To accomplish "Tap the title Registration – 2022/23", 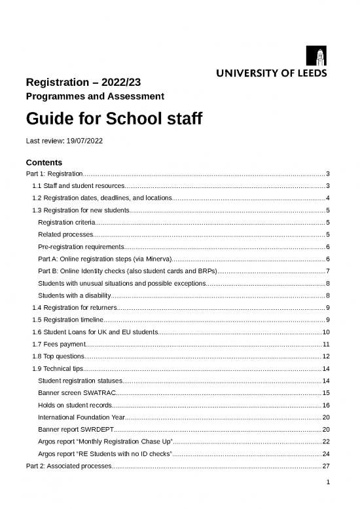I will (x=82, y=83).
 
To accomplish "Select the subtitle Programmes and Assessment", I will (x=94, y=97).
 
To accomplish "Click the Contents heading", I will (x=43, y=162).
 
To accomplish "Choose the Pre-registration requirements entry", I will (x=81, y=246).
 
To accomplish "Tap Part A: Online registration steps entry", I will (x=105, y=259).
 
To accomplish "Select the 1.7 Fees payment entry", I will (x=58, y=344).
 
